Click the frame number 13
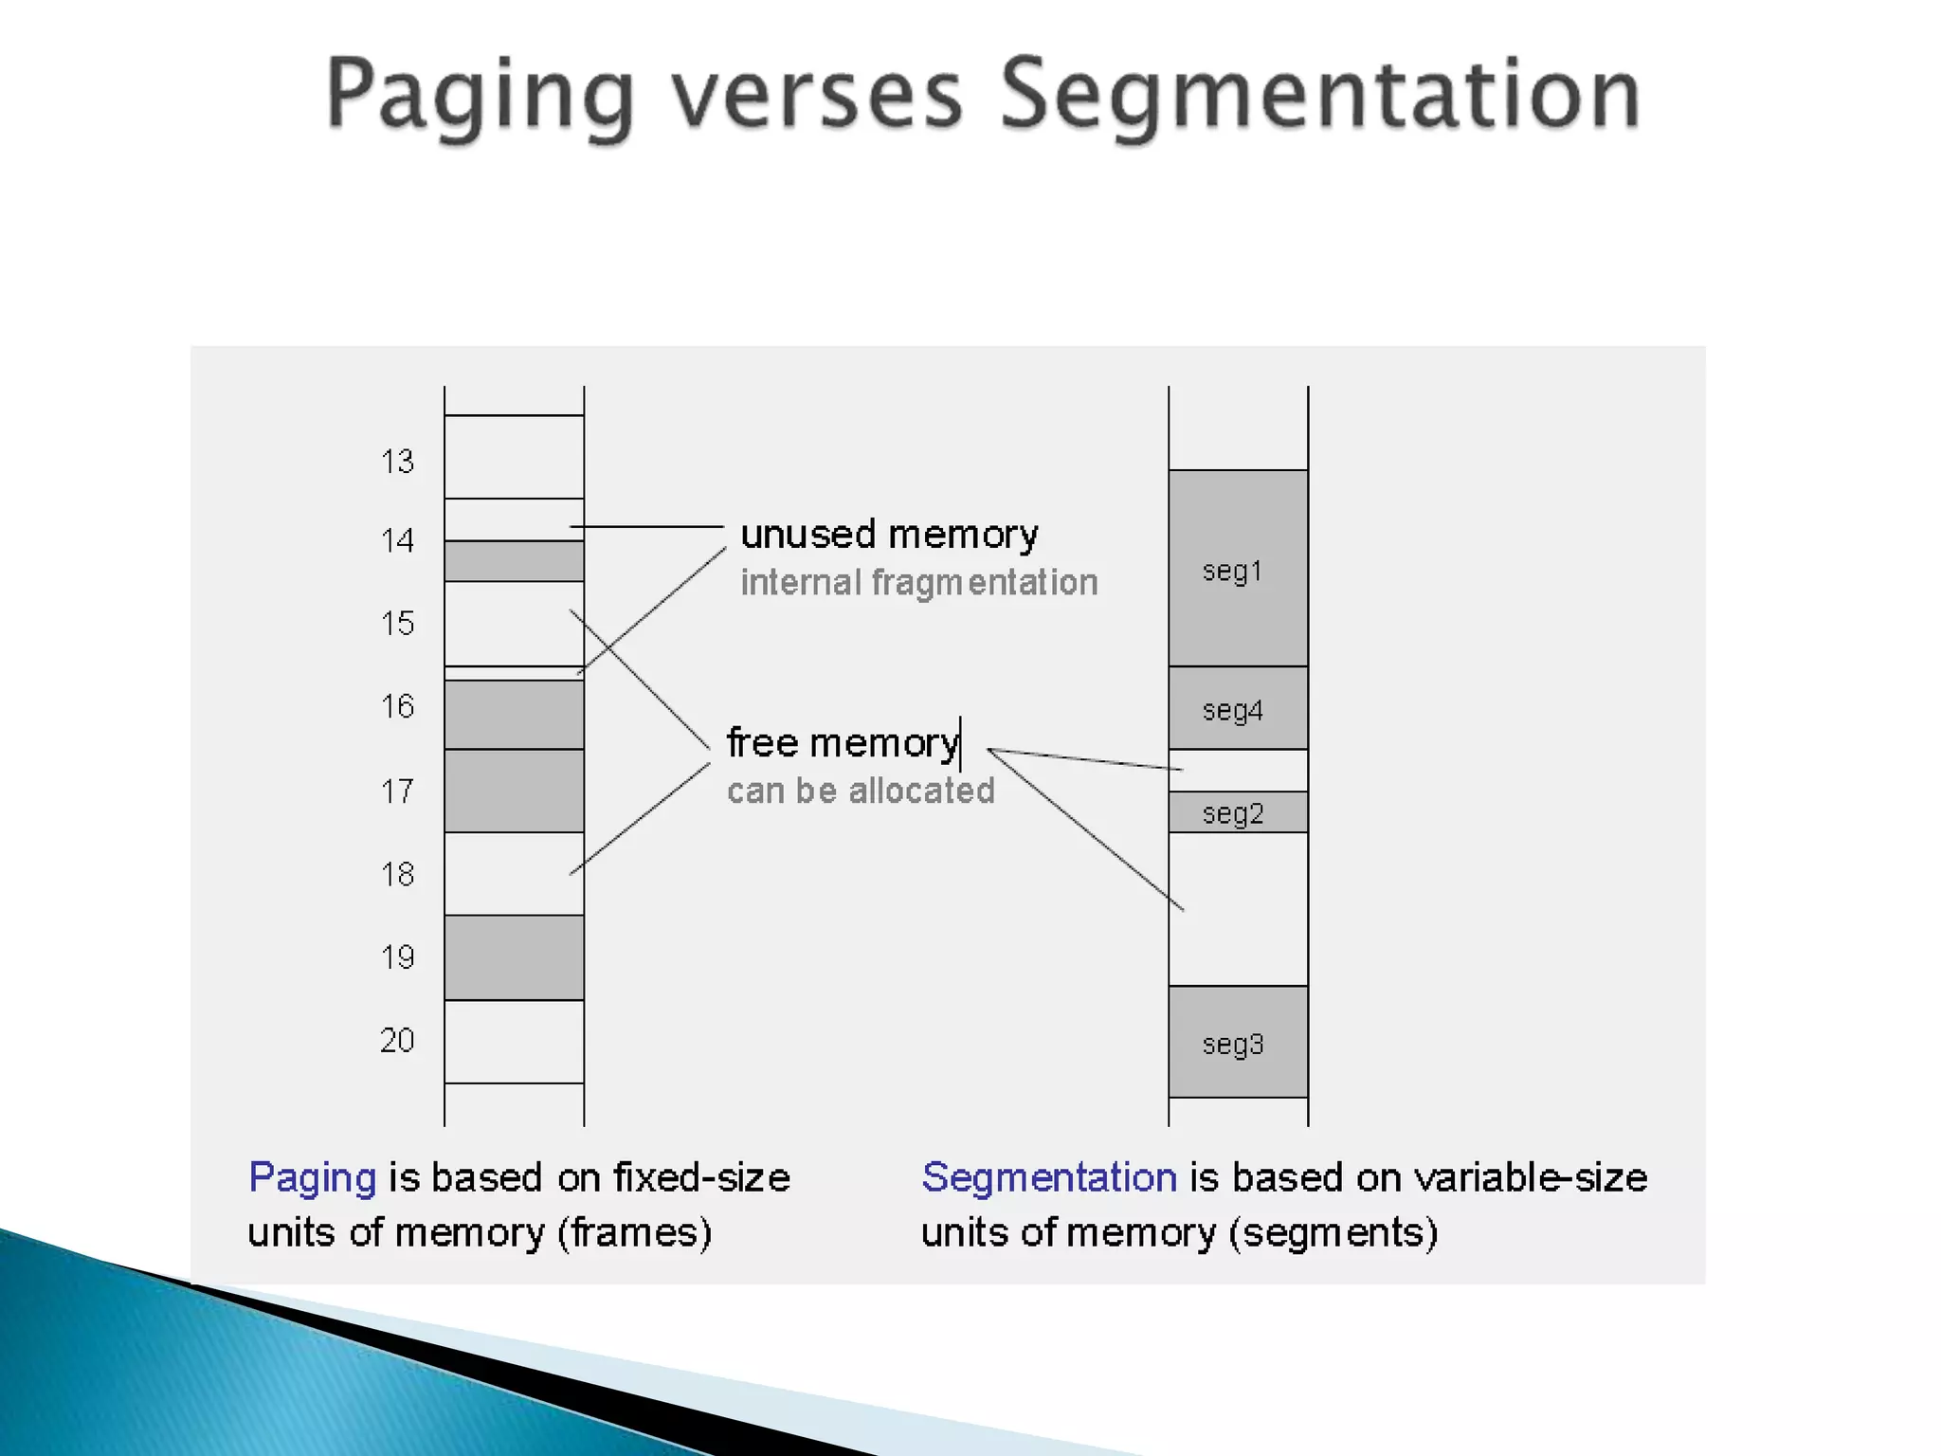[x=397, y=462]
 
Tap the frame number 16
[x=397, y=706]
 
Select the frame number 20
[x=397, y=1041]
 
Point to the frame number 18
[x=397, y=874]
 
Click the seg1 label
[x=1232, y=571]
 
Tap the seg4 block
[x=1238, y=709]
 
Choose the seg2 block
[x=1238, y=812]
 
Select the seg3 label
[x=1232, y=1044]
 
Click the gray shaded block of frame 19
[x=514, y=957]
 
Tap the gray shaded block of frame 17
[x=514, y=791]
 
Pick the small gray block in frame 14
[x=514, y=561]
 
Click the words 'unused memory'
[x=889, y=536]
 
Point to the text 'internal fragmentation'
[x=918, y=582]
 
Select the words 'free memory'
[x=843, y=743]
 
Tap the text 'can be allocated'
[x=861, y=791]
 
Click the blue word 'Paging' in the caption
[x=312, y=1178]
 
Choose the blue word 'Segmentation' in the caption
[x=1049, y=1178]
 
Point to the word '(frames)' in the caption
[x=634, y=1233]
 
